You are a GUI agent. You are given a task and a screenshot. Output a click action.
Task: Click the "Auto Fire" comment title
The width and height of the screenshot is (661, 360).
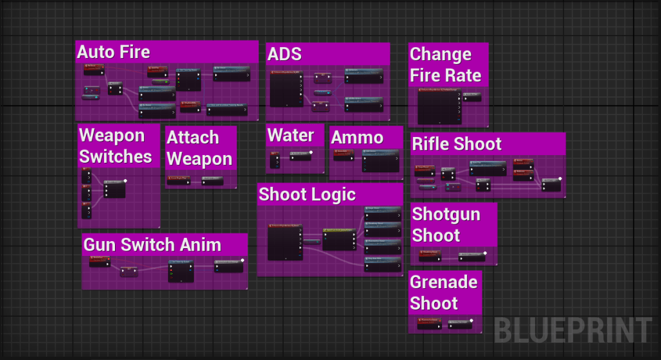(x=114, y=52)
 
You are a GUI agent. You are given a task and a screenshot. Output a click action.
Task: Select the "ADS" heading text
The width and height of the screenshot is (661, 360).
(x=284, y=54)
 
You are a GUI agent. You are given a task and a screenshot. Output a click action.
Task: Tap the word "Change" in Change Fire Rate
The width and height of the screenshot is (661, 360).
(x=441, y=54)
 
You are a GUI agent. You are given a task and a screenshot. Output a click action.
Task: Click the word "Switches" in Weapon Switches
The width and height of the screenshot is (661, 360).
(x=116, y=156)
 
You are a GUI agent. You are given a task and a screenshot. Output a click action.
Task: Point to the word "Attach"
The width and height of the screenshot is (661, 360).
(x=193, y=138)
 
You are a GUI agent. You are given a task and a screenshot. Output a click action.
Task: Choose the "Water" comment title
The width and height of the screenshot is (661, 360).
(x=291, y=136)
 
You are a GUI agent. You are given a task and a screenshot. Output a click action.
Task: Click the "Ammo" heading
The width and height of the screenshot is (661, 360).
(x=357, y=137)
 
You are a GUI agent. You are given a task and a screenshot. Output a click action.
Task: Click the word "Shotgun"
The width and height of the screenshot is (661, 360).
(x=446, y=214)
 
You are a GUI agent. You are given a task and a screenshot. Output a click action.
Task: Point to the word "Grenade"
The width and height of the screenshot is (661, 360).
(x=444, y=282)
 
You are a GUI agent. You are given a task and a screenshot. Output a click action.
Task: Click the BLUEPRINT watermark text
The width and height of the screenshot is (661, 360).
(x=572, y=331)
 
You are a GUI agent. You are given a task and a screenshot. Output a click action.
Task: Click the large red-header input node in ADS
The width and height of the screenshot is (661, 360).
(x=285, y=89)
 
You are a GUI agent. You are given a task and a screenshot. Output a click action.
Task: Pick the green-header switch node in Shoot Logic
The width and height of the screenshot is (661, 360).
(x=339, y=239)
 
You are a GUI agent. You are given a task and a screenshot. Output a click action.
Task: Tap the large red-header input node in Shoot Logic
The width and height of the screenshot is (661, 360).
(x=285, y=242)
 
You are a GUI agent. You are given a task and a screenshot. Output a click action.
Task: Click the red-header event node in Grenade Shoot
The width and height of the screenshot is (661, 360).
(x=429, y=322)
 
